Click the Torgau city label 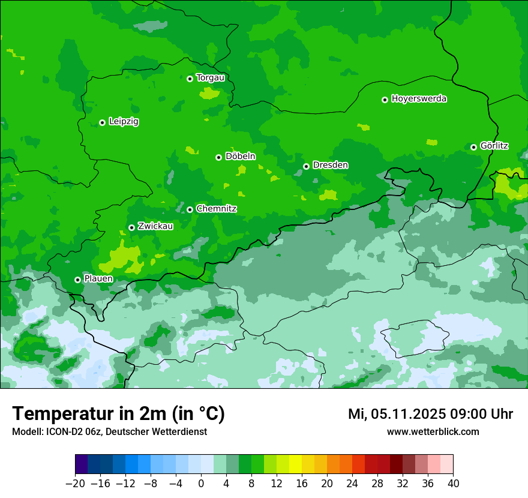(210, 78)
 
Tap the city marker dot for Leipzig (102, 122)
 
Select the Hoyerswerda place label (419, 99)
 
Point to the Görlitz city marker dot (473, 147)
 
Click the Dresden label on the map (330, 166)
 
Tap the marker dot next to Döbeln (218, 157)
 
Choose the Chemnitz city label (216, 209)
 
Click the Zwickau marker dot (131, 227)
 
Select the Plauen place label (98, 279)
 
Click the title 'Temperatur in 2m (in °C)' (118, 414)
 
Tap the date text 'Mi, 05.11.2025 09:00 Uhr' (430, 415)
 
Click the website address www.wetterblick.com (433, 432)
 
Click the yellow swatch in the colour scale (295, 464)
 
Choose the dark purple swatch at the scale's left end (81, 464)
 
